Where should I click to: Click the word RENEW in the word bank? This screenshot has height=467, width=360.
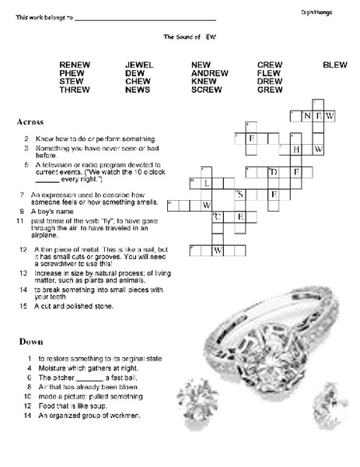tap(75, 65)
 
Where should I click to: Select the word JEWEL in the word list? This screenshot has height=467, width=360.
tap(139, 65)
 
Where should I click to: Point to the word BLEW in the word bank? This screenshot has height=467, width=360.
tap(334, 65)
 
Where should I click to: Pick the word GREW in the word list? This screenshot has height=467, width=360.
tap(270, 90)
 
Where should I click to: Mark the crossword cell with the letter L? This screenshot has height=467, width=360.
tap(207, 184)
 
